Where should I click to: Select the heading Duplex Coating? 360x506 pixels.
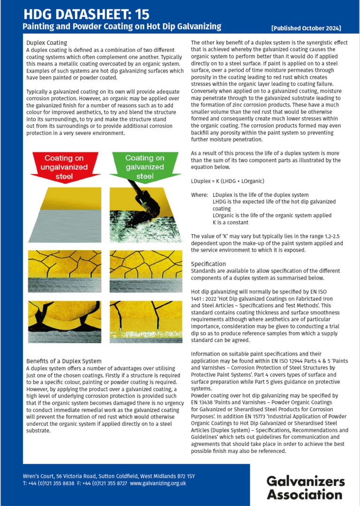(47, 43)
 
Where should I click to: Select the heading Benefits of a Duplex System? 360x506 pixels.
(64, 361)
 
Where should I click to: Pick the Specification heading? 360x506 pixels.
(208, 264)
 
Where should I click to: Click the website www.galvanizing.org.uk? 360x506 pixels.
(158, 483)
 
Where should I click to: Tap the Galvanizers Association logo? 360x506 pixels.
(305, 487)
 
